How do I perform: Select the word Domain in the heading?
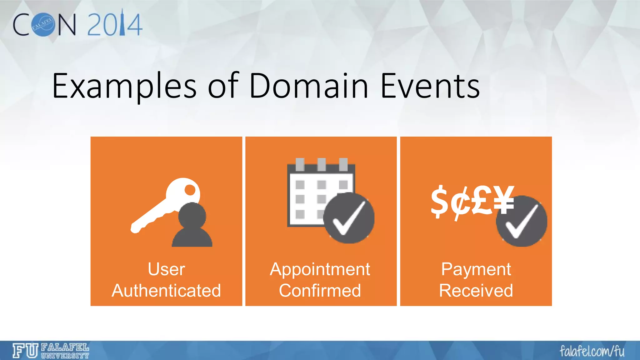(x=309, y=86)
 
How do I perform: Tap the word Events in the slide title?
(x=430, y=86)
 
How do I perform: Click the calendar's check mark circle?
(x=349, y=218)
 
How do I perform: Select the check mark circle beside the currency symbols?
(x=522, y=221)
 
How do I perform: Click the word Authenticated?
(x=166, y=291)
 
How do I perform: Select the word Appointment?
(x=320, y=269)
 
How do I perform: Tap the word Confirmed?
(x=320, y=291)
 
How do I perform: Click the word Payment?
(x=476, y=269)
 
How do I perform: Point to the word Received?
(x=476, y=291)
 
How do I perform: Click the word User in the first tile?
(x=166, y=269)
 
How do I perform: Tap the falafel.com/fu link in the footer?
(x=592, y=351)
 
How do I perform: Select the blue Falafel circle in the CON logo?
(x=43, y=25)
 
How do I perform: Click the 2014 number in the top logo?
(x=115, y=24)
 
